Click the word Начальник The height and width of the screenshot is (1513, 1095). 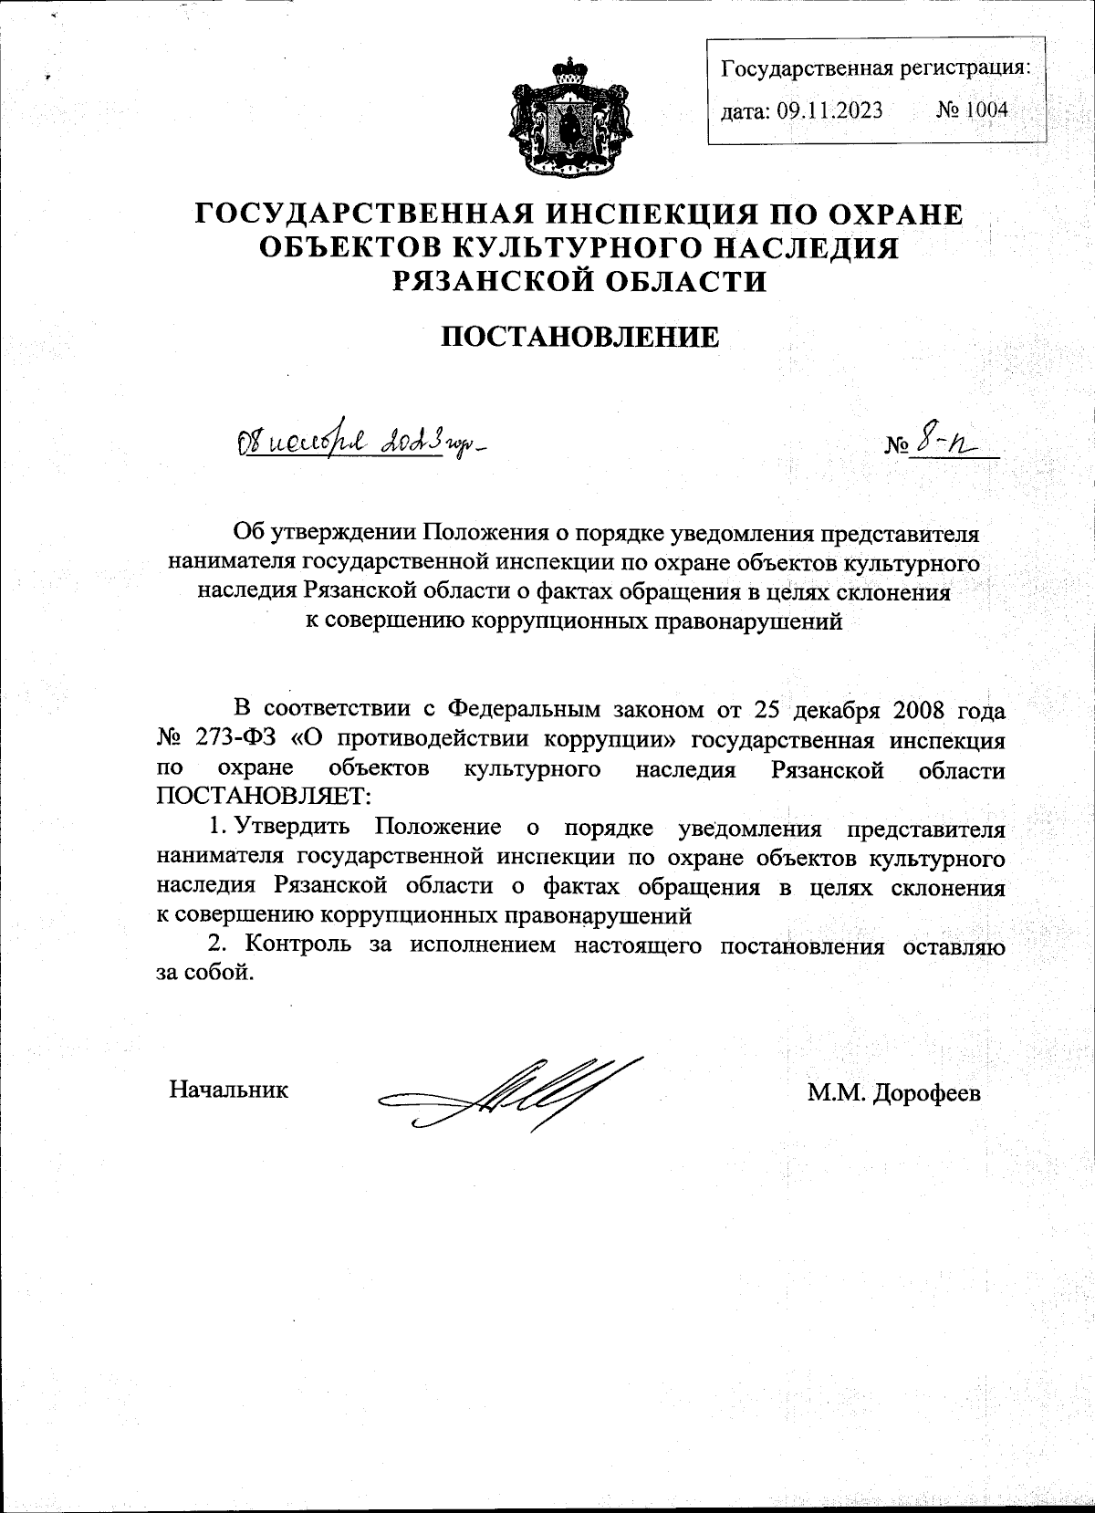(229, 1089)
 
